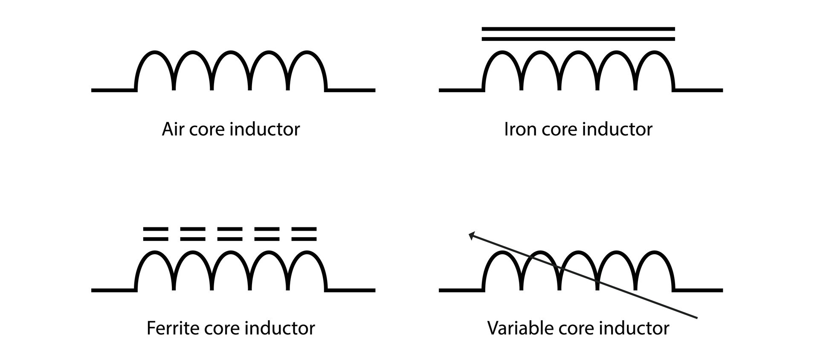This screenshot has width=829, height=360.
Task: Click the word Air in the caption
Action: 173,129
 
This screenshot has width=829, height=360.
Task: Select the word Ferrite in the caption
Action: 172,328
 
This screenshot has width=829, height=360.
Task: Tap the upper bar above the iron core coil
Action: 578,29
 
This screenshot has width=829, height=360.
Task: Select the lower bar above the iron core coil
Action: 578,39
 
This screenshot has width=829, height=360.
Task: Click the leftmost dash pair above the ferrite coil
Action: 156,234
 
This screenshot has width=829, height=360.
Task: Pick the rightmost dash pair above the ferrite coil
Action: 304,234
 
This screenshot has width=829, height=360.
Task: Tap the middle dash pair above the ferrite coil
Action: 230,234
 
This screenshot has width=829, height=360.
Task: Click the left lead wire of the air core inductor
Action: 113,90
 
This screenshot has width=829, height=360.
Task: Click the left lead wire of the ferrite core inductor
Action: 113,290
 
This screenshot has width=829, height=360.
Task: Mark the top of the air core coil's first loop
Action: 154,52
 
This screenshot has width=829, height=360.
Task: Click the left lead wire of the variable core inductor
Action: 461,290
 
